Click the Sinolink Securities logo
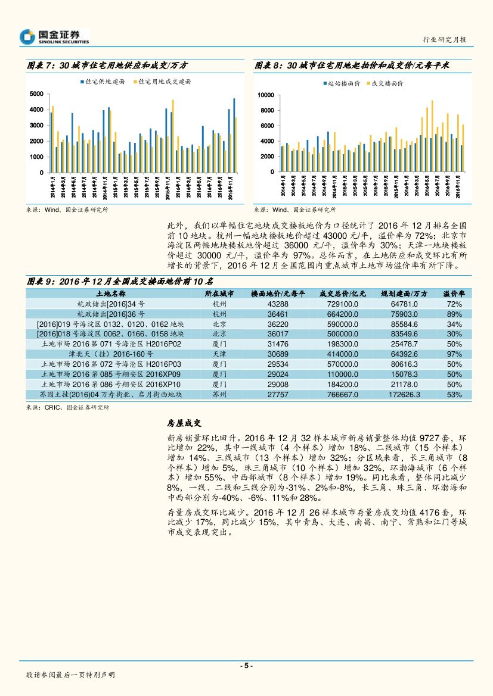click(54, 37)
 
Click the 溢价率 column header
click(454, 294)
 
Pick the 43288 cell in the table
click(278, 304)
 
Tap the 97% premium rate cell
click(454, 354)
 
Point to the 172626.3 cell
click(404, 395)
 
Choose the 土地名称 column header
click(111, 294)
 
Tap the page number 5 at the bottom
click(246, 666)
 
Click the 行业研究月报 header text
click(445, 39)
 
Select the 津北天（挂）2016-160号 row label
click(111, 354)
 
